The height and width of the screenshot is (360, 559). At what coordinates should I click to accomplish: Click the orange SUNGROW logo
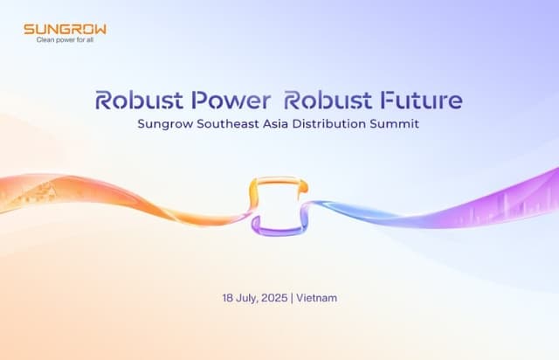[65, 29]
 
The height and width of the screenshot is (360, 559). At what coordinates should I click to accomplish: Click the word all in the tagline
[100, 39]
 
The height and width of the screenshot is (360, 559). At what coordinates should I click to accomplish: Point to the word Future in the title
[423, 100]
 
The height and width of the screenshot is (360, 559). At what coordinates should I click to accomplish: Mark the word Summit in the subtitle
[397, 124]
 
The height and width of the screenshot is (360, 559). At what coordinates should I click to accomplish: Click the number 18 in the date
[228, 298]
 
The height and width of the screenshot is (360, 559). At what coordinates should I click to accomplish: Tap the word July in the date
[249, 298]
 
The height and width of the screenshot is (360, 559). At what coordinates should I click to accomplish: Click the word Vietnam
[317, 298]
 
